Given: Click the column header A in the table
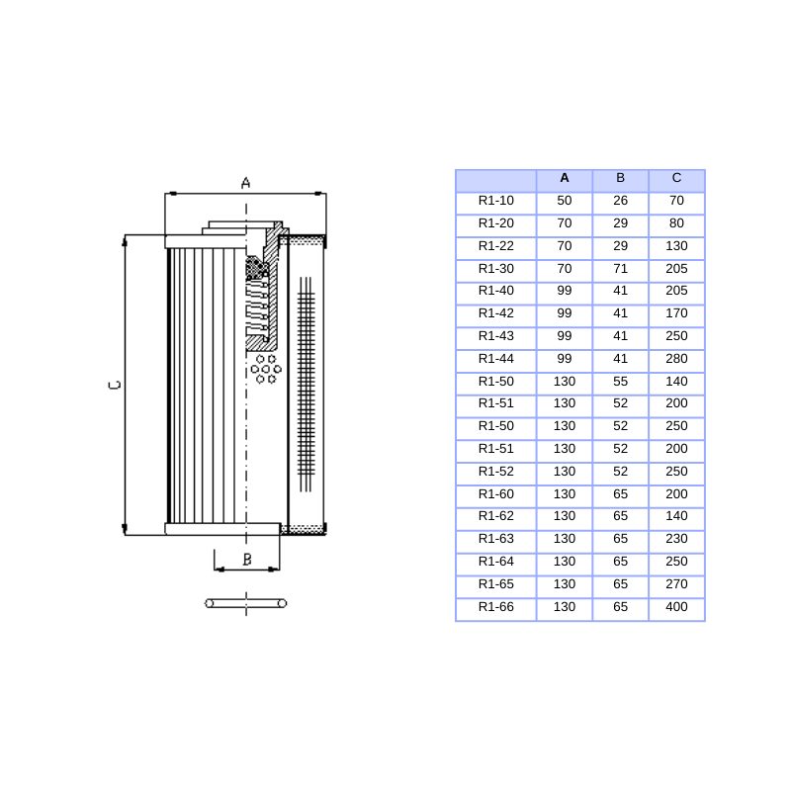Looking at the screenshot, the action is (564, 178).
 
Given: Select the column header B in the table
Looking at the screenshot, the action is (620, 178).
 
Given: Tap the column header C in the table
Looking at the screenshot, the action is (676, 178).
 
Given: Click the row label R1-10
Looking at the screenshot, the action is (496, 201).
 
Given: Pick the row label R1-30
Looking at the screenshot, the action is (496, 269).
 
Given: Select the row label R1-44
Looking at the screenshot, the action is (496, 359).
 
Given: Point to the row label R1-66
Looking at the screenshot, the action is (496, 607).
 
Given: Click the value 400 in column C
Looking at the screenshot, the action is (676, 607).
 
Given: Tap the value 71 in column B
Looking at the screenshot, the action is (620, 269).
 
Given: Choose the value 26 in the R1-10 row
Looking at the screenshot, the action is (620, 201).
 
